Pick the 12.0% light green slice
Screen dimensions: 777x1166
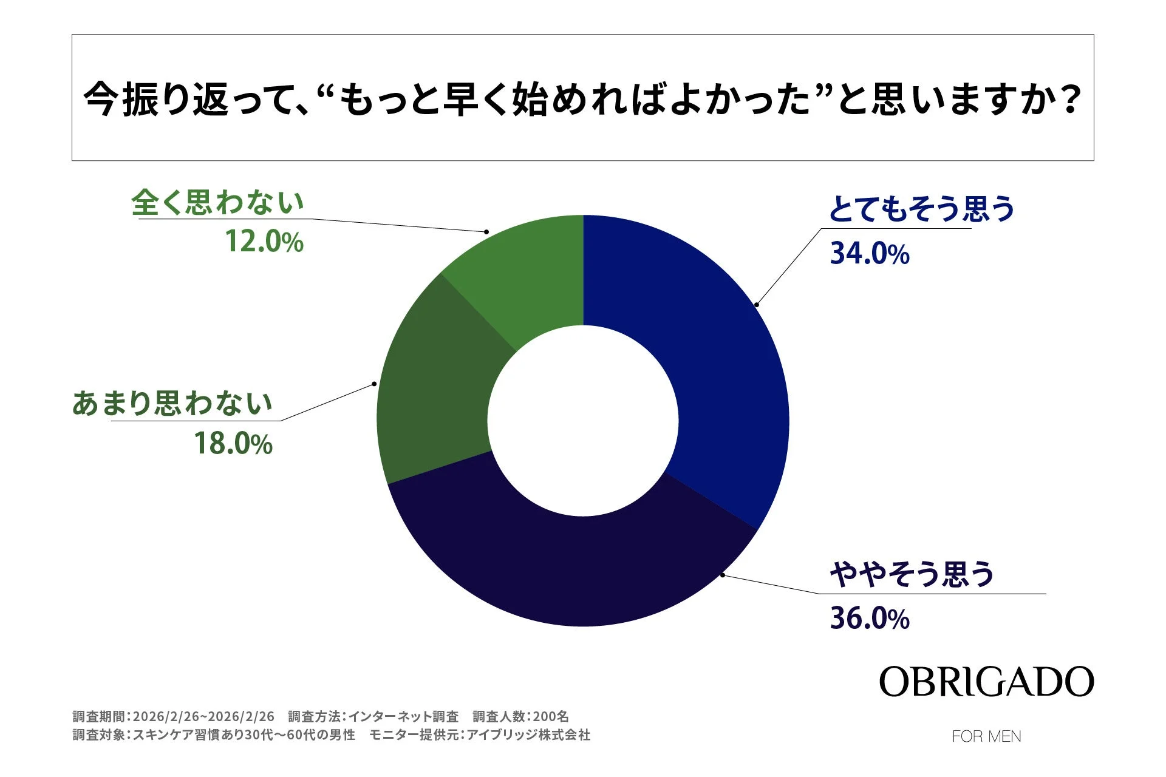pyautogui.click(x=528, y=273)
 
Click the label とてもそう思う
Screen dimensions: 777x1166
pyautogui.click(x=921, y=209)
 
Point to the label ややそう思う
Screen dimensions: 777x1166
pyautogui.click(x=912, y=574)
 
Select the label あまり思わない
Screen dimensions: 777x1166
pyautogui.click(x=172, y=403)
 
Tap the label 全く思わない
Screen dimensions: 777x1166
pyautogui.click(x=217, y=202)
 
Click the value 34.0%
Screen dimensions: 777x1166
pyautogui.click(x=870, y=254)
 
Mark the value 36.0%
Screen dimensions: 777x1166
pyautogui.click(x=870, y=619)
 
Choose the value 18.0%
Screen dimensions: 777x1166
pyautogui.click(x=233, y=444)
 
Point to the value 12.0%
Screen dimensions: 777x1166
pyautogui.click(x=264, y=242)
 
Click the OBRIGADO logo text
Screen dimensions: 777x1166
pyautogui.click(x=986, y=682)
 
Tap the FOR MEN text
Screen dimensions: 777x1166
pyautogui.click(x=986, y=736)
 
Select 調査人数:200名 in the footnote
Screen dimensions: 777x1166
pyautogui.click(x=520, y=717)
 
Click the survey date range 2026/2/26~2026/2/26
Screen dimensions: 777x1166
pyautogui.click(x=203, y=717)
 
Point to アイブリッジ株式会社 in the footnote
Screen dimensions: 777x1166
pyautogui.click(x=528, y=735)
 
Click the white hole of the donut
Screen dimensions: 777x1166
pyautogui.click(x=583, y=421)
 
